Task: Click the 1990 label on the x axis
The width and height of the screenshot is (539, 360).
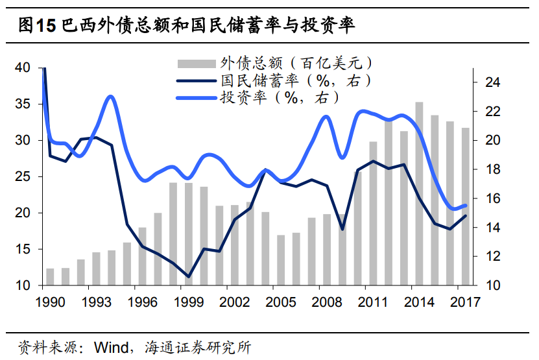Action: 50,302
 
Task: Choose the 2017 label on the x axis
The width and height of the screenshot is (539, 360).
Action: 465,302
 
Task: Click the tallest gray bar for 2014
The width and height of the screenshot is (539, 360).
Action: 419,195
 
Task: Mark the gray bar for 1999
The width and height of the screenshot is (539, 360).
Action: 188,234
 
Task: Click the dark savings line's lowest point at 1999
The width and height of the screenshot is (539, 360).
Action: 188,276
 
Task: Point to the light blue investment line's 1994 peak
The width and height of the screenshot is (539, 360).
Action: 110,97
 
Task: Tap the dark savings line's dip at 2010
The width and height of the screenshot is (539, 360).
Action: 342,229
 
